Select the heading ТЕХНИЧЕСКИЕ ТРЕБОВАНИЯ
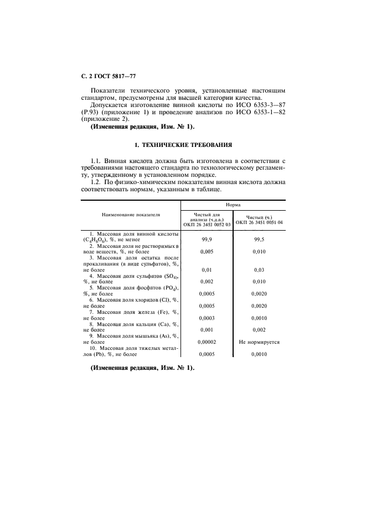pyautogui.click(x=183, y=145)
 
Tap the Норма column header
pyautogui.click(x=233, y=205)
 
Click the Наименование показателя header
pyautogui.click(x=131, y=214)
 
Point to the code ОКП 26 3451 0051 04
pyautogui.click(x=259, y=222)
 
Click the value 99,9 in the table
pyautogui.click(x=207, y=239)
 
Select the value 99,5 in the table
pyautogui.click(x=259, y=239)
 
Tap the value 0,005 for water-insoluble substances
pyautogui.click(x=207, y=251)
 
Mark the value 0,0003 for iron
pyautogui.click(x=207, y=318)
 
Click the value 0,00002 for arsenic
pyautogui.click(x=207, y=342)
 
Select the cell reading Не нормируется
pyautogui.click(x=259, y=342)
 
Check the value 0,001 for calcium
pyautogui.click(x=207, y=330)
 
